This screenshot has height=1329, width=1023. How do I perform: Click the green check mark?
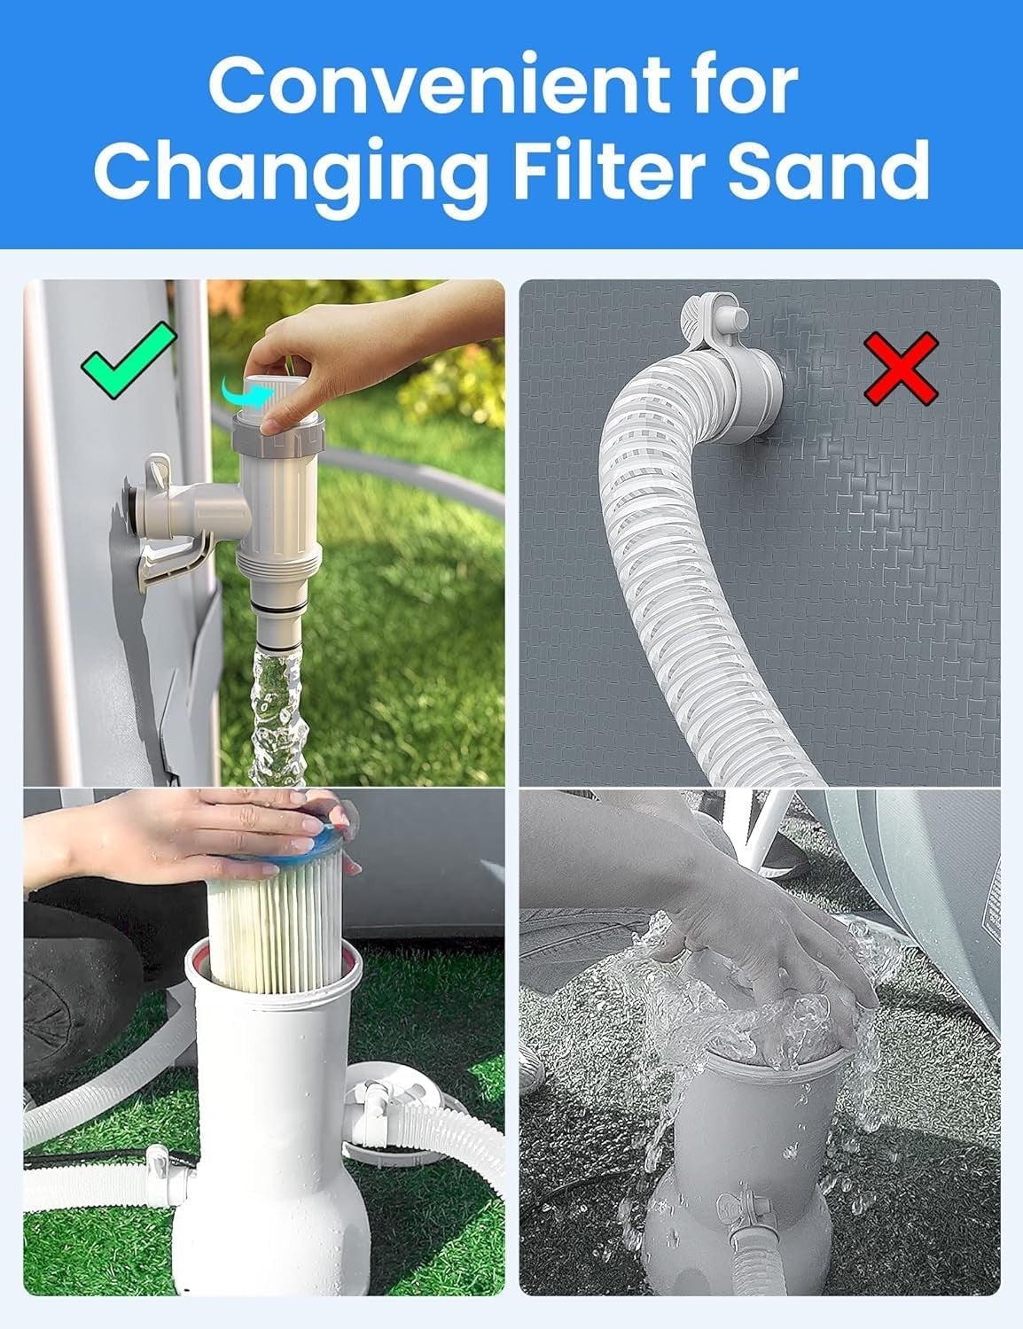[x=129, y=361]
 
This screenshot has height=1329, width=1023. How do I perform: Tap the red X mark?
[x=902, y=369]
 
